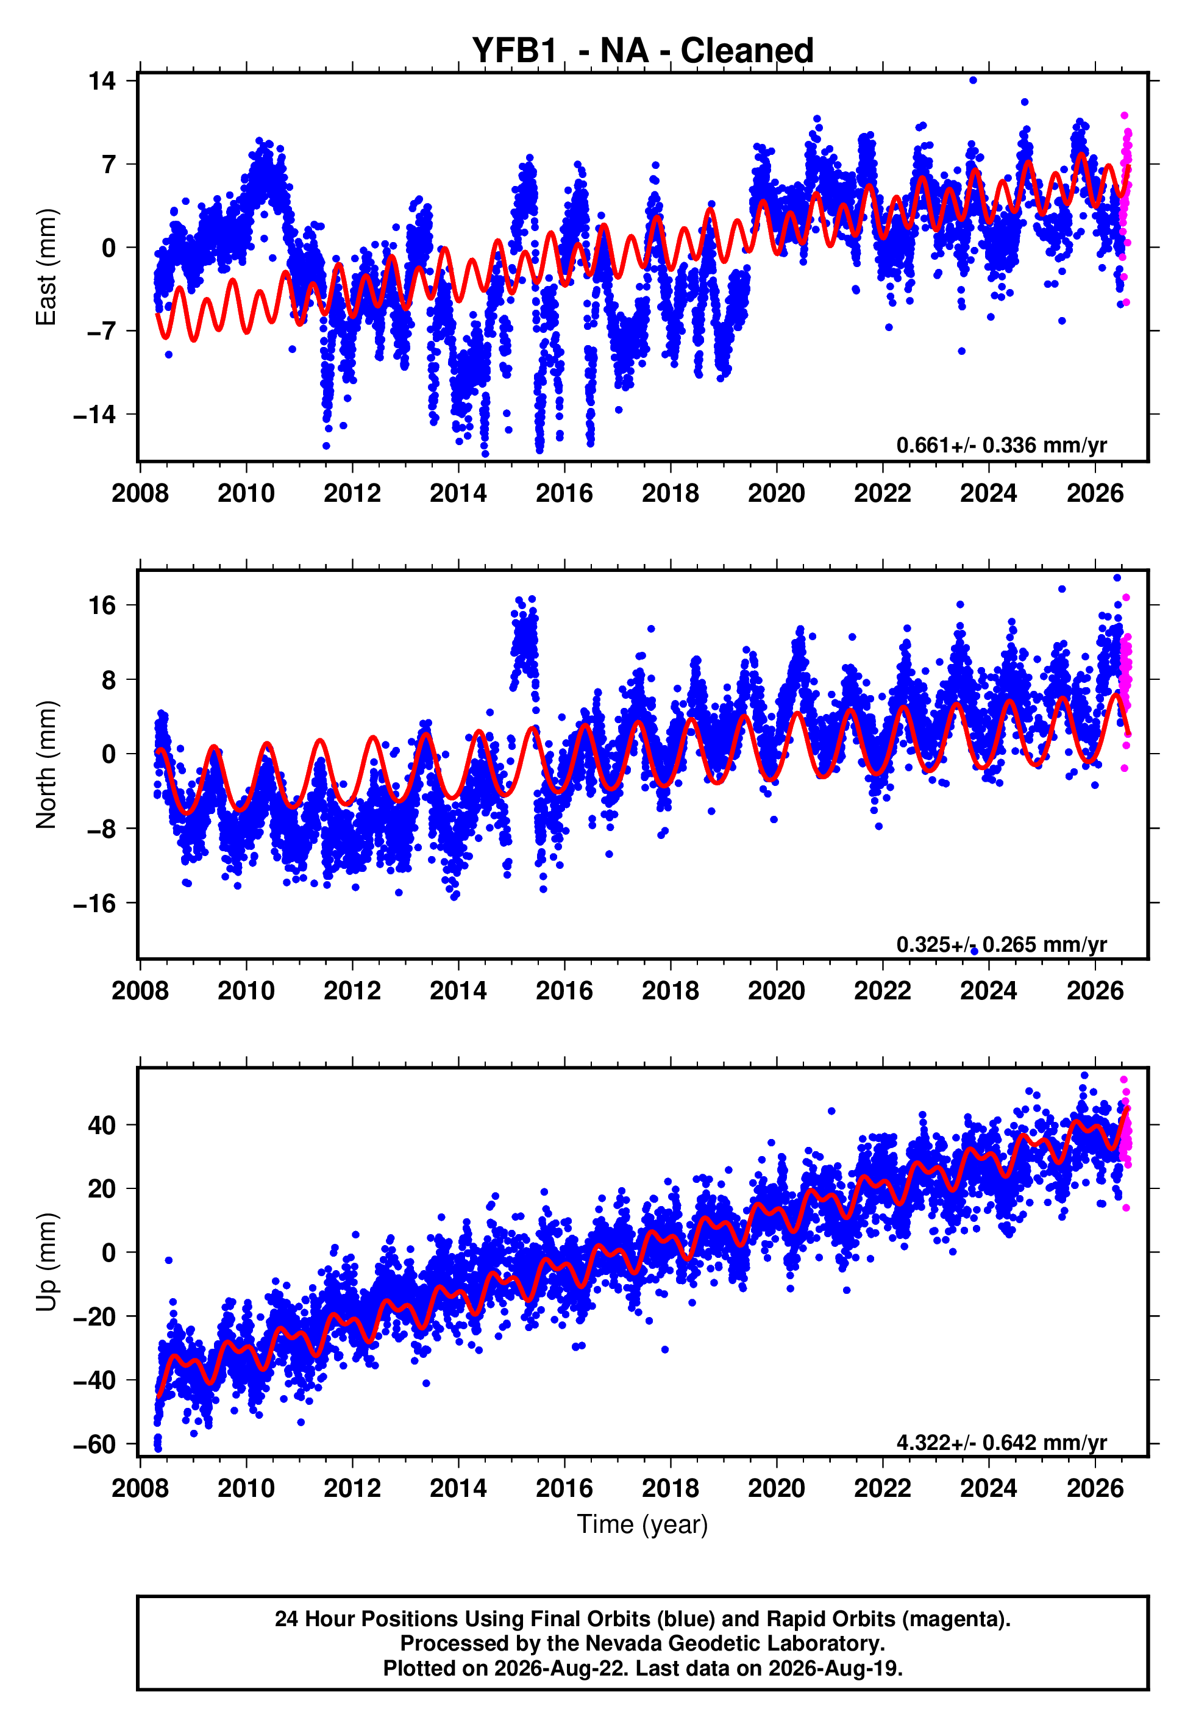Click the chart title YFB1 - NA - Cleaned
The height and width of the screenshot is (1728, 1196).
[642, 51]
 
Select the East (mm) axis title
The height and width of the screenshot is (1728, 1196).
[46, 267]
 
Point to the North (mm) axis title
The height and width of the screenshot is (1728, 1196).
[46, 765]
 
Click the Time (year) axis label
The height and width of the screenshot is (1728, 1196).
[642, 1524]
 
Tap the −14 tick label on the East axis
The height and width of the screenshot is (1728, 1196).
[95, 415]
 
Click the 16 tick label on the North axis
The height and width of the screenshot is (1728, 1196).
[102, 605]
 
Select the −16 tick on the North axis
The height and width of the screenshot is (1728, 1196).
[95, 904]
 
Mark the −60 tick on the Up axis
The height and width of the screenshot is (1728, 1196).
[95, 1444]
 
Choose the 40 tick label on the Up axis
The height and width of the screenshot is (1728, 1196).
[102, 1125]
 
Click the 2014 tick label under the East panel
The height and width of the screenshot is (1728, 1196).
[458, 493]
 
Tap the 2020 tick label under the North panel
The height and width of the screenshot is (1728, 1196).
[777, 991]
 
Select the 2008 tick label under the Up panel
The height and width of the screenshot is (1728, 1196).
[140, 1488]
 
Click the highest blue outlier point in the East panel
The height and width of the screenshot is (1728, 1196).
[973, 80]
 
